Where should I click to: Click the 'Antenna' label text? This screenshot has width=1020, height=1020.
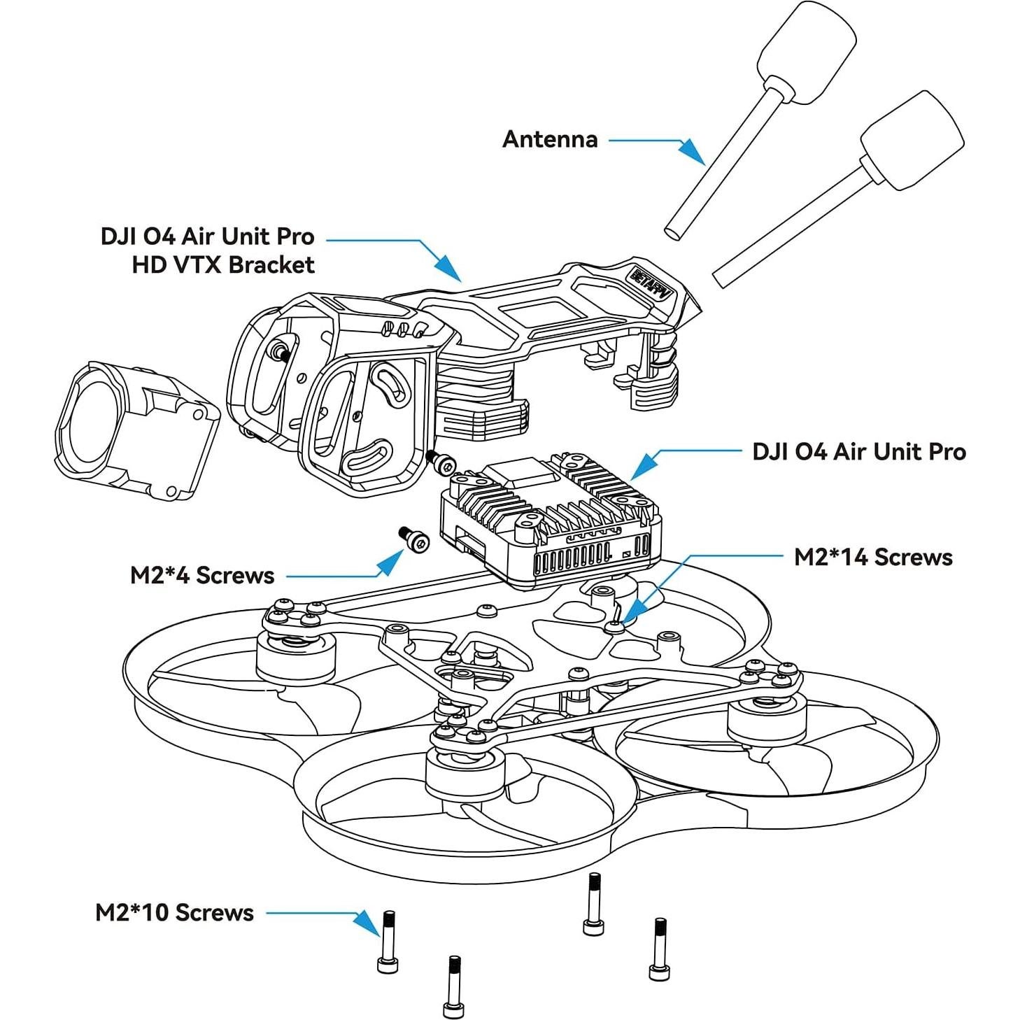pos(550,139)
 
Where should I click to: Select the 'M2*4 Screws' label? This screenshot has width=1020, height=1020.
pos(202,575)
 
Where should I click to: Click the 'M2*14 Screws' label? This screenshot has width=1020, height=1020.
pos(873,557)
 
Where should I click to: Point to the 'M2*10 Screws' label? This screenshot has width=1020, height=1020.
pos(174,912)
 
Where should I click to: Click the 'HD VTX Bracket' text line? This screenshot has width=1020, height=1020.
pos(223,264)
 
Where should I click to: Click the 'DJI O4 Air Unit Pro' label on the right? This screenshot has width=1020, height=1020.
pos(858,451)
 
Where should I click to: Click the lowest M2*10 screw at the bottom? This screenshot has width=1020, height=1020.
pos(453,986)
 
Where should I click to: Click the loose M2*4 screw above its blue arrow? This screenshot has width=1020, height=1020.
pos(414,539)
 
